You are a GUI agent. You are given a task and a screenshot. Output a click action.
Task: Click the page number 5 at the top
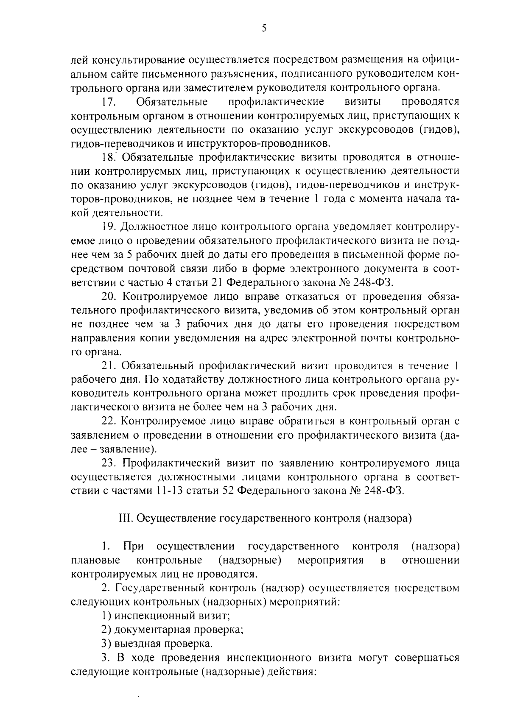264,28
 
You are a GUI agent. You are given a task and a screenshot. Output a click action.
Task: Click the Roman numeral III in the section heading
124,519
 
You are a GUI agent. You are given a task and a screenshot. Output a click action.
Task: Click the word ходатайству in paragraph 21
192,379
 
